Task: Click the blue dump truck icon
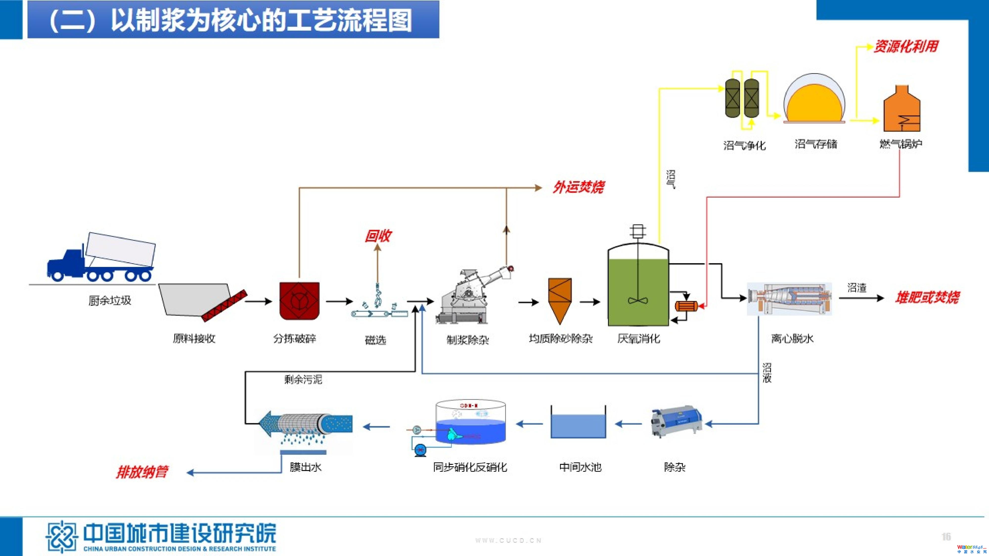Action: (101, 258)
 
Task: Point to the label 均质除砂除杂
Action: (561, 339)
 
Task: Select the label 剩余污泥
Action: (303, 380)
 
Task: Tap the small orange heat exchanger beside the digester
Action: (686, 306)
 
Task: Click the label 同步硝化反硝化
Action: (470, 467)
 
